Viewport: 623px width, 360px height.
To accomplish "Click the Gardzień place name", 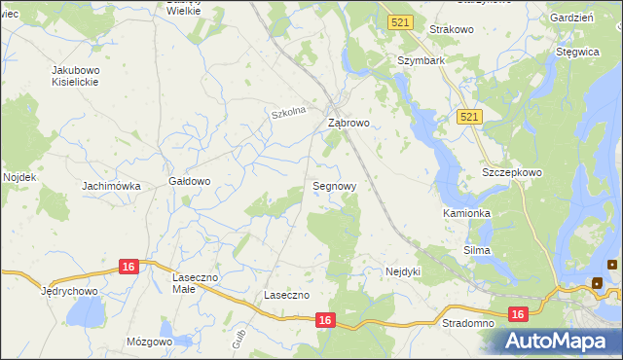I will (x=571, y=18).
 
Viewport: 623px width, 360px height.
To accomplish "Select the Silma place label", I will (x=477, y=250).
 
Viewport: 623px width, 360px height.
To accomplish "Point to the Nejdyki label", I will (x=403, y=271).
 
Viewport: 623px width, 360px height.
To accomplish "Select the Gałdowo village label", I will (x=190, y=181).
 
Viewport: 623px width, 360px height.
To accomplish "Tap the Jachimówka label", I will (x=112, y=186).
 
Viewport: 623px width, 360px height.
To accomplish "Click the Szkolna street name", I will (x=289, y=113).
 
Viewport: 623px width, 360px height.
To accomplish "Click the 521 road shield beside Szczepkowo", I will (x=469, y=117).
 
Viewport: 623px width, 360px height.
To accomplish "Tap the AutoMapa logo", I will (x=559, y=342).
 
